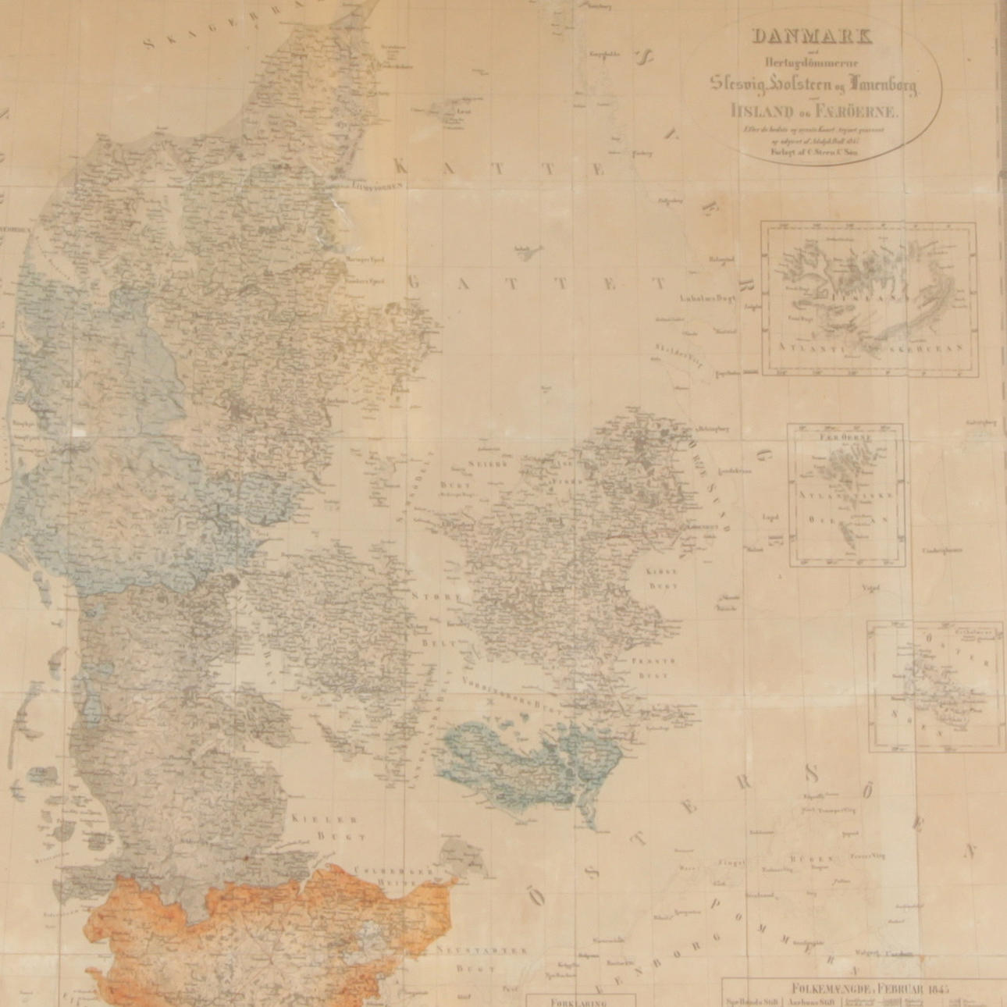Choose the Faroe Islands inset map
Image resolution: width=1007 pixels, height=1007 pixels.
click(x=846, y=495)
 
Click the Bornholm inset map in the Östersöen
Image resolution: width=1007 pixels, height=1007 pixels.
click(x=935, y=685)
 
